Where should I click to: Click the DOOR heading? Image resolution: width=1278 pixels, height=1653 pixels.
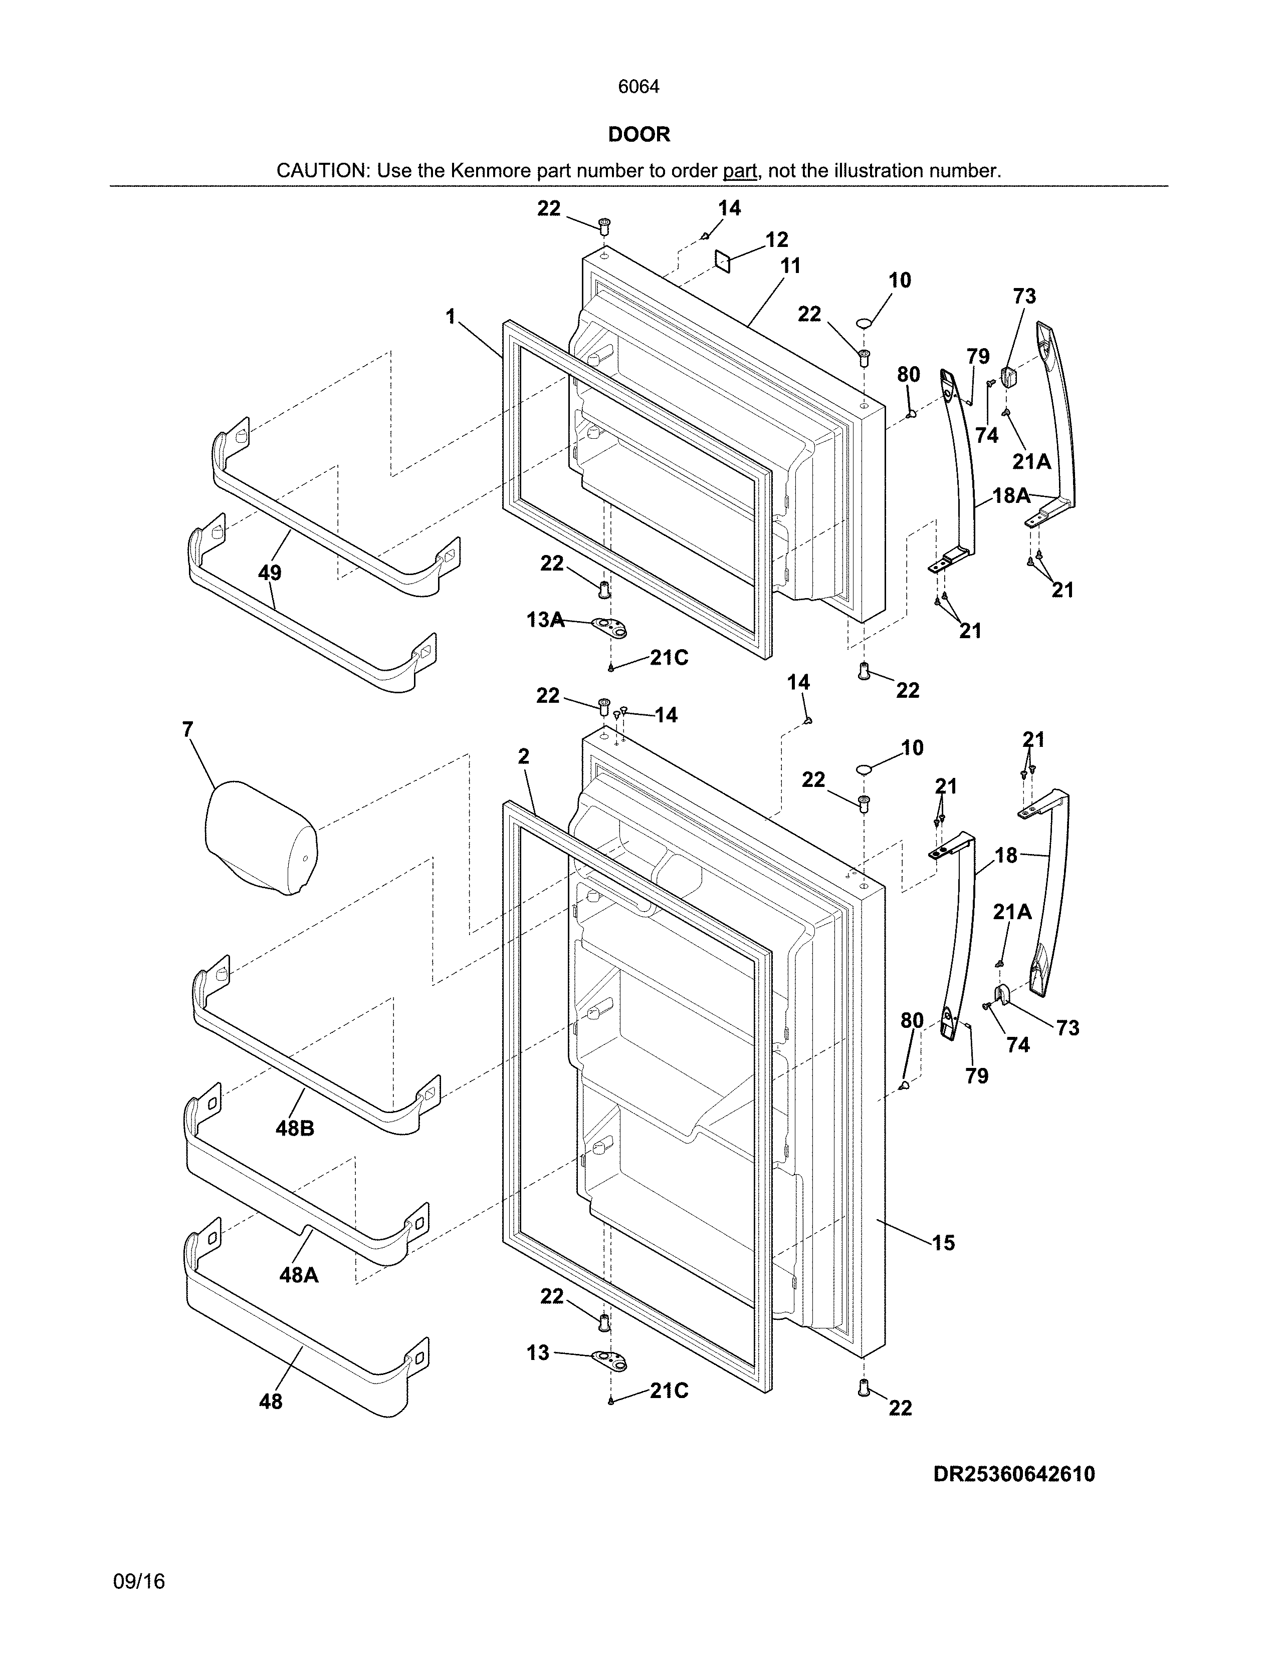coord(639,135)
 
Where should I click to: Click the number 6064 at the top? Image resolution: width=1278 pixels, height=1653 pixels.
coord(638,87)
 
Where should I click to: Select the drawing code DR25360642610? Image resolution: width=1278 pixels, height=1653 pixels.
coord(1014,1474)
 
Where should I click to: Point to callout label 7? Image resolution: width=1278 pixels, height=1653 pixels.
coord(188,730)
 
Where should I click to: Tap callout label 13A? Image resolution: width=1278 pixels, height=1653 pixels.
coord(545,621)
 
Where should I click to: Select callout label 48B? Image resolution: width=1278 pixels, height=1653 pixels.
coord(295,1129)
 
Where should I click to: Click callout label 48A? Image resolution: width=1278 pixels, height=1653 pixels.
coord(298,1275)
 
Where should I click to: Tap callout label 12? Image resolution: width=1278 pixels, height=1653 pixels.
coord(777,240)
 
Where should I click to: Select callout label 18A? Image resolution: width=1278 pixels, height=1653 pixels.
coord(1011,496)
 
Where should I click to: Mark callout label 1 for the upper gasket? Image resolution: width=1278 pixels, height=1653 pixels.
coord(451,317)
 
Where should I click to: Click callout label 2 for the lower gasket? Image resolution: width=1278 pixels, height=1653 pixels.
coord(523,756)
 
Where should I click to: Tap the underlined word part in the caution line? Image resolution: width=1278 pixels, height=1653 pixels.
coord(740,171)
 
